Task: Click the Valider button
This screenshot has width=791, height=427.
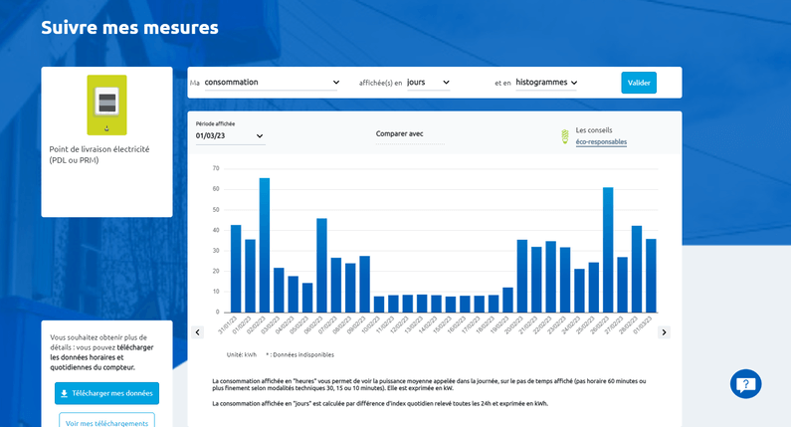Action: (x=639, y=83)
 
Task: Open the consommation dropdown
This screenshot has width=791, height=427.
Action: (x=272, y=83)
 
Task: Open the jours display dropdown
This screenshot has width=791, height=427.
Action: (x=429, y=83)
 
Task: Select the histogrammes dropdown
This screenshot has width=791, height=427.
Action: (x=546, y=83)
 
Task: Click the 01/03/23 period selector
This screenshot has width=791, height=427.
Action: (x=230, y=135)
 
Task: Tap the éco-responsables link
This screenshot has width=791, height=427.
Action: (x=601, y=142)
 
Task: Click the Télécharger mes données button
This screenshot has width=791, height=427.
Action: (x=106, y=393)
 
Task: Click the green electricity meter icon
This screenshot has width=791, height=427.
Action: (x=106, y=105)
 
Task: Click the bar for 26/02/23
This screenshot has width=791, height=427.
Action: (x=608, y=249)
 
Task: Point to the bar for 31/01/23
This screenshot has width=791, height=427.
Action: (x=236, y=268)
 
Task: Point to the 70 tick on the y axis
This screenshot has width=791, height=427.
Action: (x=216, y=168)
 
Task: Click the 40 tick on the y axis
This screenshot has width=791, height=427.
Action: (x=216, y=230)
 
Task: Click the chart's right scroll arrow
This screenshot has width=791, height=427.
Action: (x=665, y=332)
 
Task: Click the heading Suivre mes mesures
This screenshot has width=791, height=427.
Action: (x=129, y=27)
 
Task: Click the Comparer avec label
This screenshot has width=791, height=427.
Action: (x=400, y=133)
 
